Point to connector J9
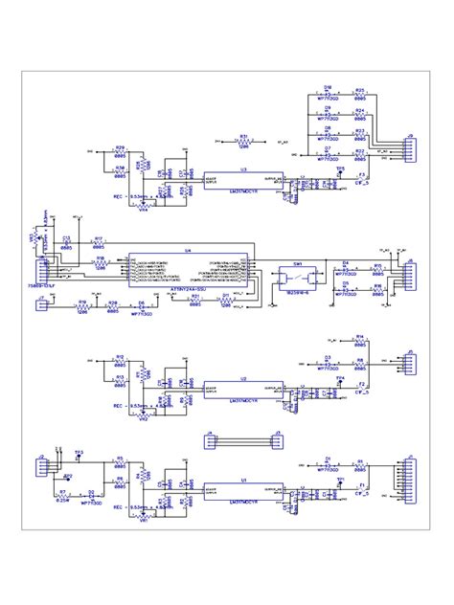click(x=410, y=151)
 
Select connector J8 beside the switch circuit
click(x=410, y=275)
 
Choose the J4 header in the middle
click(x=209, y=441)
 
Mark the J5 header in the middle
click(x=276, y=441)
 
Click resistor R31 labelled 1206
click(x=244, y=142)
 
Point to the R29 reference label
click(x=121, y=147)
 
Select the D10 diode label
click(x=327, y=86)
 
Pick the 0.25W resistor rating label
click(x=62, y=499)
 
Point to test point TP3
click(x=79, y=450)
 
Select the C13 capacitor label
click(x=66, y=237)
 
